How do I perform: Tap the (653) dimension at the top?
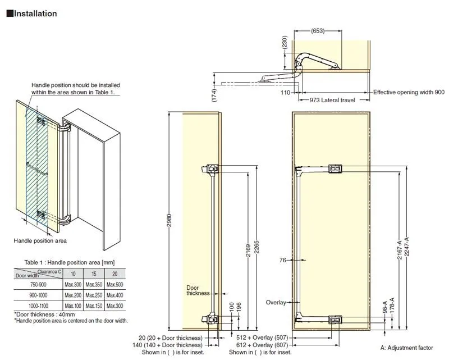[x=318, y=31]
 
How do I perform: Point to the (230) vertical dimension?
[x=285, y=43]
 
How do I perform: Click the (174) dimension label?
[x=214, y=95]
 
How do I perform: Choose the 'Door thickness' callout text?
[x=198, y=290]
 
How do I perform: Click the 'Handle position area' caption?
[x=40, y=240]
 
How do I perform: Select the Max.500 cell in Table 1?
[x=115, y=285]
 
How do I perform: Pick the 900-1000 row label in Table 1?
[x=38, y=295]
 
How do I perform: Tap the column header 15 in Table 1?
[x=94, y=274]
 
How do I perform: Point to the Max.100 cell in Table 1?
[x=73, y=305]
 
